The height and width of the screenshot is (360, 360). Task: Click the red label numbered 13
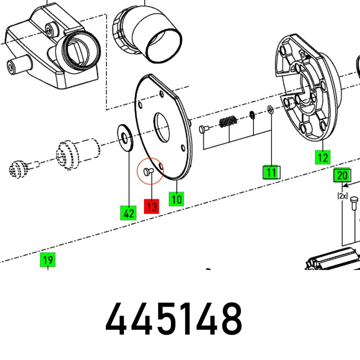[152, 207]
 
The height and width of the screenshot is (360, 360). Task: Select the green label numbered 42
[128, 213]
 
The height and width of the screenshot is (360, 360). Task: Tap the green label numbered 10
[176, 199]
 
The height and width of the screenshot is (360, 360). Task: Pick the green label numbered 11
[271, 172]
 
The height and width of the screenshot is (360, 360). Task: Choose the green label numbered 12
[323, 157]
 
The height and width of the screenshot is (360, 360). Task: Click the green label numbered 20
[342, 175]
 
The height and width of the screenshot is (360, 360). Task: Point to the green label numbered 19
[48, 260]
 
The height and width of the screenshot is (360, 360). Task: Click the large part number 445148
[174, 319]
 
